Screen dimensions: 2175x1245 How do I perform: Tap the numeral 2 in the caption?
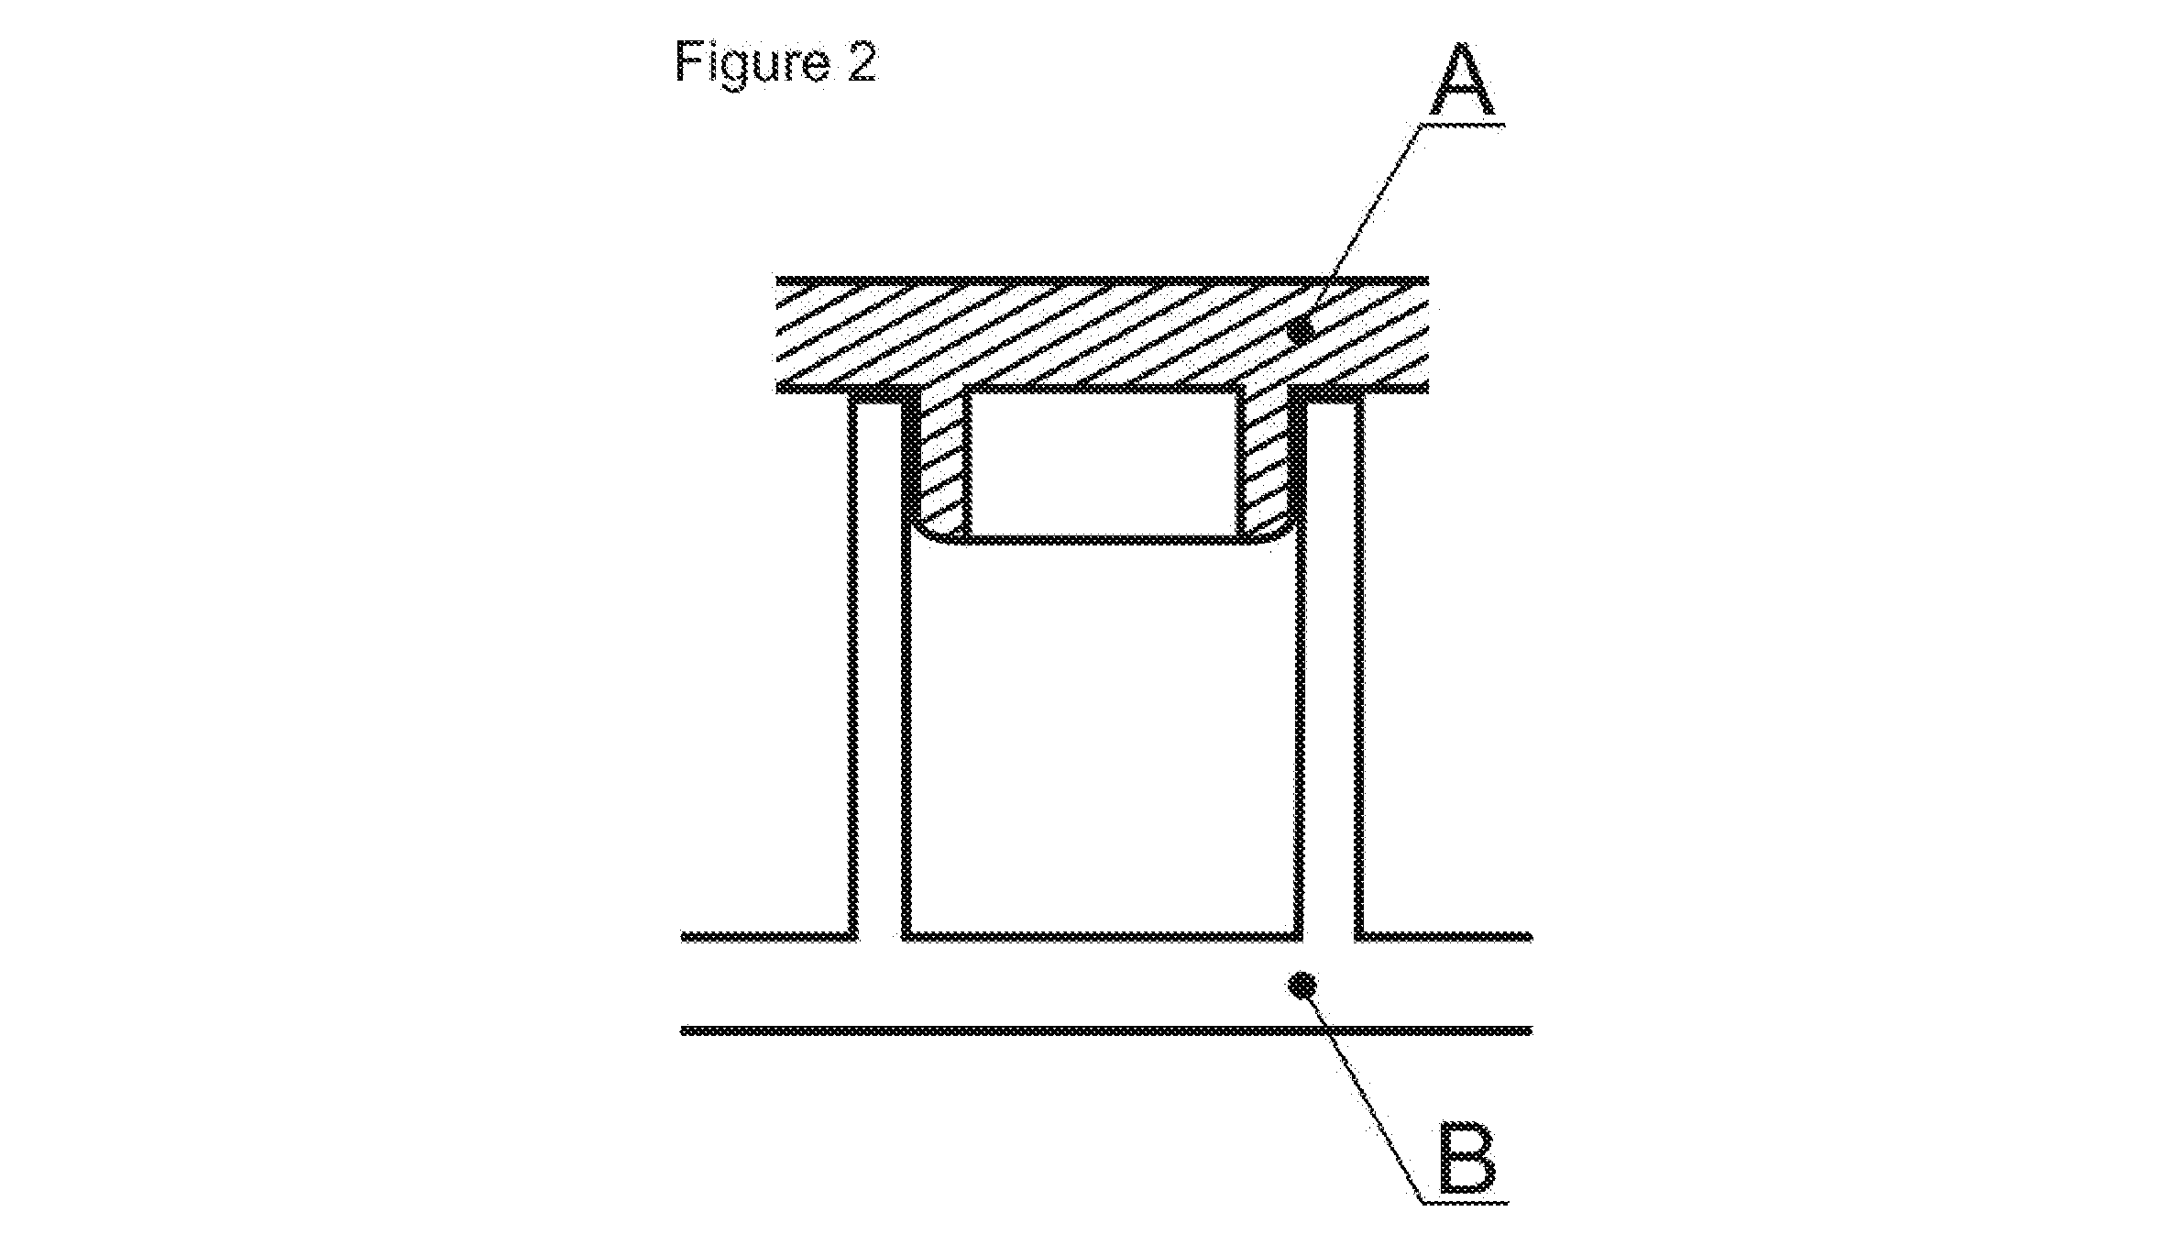coord(859,61)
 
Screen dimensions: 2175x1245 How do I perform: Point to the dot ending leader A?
coord(1301,330)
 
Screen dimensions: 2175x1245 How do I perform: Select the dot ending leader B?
coord(1302,986)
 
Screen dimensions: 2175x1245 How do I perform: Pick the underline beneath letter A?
coord(1464,123)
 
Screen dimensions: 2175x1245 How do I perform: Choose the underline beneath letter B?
coord(1465,1199)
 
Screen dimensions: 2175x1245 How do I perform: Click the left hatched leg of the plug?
coord(942,463)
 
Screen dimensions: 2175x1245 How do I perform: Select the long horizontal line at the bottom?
coord(1105,1030)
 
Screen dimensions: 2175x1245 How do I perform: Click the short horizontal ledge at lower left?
coord(768,937)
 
